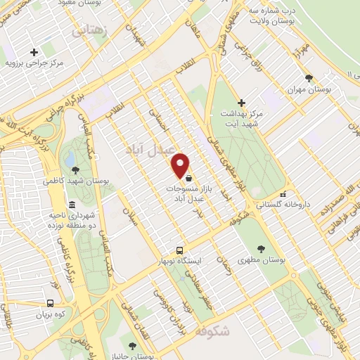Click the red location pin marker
coord(181,165)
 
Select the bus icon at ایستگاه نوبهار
coord(180,250)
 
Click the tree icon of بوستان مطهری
coord(261,248)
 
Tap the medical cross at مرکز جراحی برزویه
coord(34,52)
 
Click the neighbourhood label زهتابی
coord(91,30)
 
